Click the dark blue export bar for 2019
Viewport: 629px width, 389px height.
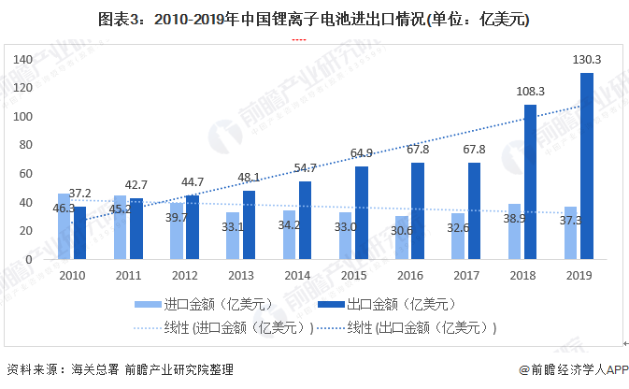point(587,166)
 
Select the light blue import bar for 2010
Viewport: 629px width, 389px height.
point(64,226)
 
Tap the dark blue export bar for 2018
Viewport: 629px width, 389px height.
point(530,181)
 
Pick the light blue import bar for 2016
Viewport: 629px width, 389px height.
point(402,238)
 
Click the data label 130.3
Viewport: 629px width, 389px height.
point(587,60)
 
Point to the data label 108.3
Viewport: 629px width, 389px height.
point(530,92)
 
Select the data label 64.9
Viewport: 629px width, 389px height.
point(361,153)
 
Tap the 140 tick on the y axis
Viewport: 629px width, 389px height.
point(23,59)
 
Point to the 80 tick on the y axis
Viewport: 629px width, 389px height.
point(27,145)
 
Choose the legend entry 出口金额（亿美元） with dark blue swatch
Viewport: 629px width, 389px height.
point(386,303)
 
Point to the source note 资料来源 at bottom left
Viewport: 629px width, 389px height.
point(119,369)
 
